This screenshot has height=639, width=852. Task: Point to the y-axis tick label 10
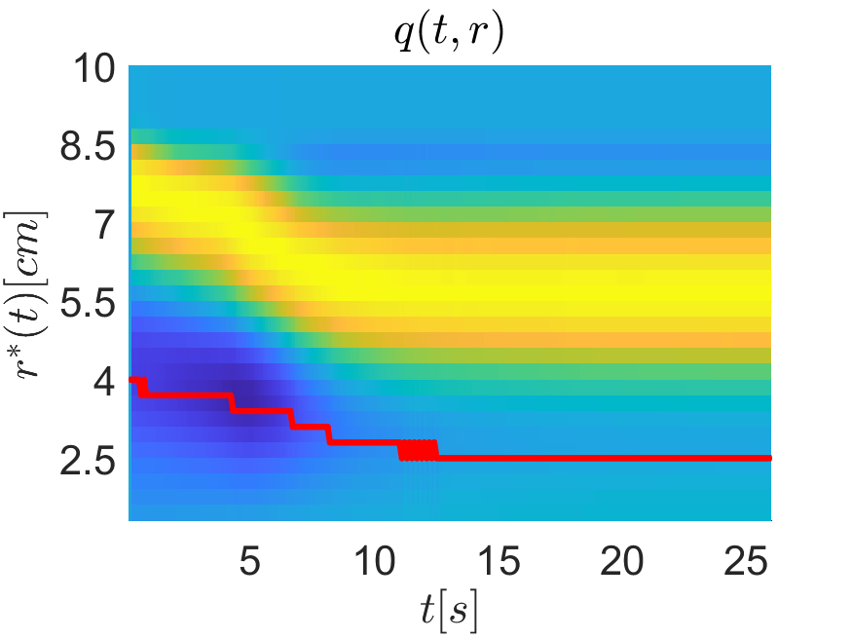point(95,70)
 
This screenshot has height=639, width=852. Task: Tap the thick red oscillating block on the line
point(419,450)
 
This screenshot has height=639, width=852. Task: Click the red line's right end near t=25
point(767,458)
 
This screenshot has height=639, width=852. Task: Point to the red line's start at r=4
point(133,380)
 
